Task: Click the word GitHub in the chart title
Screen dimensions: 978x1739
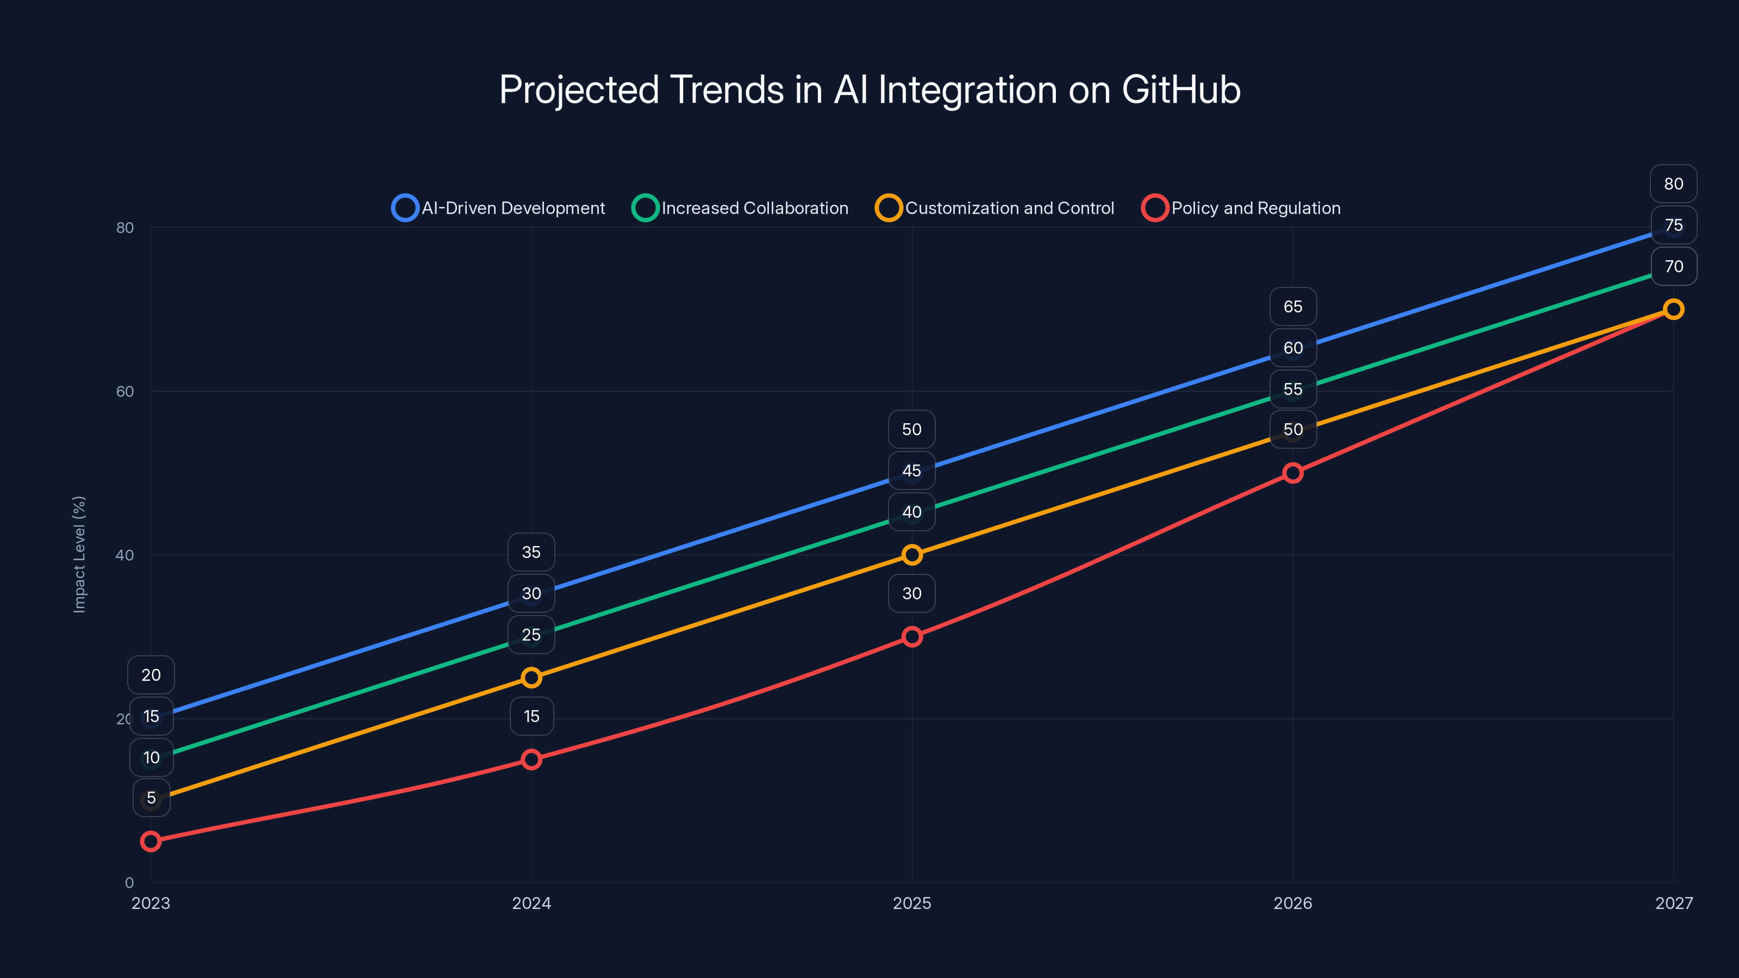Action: (1181, 90)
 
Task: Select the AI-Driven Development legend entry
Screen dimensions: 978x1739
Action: (498, 208)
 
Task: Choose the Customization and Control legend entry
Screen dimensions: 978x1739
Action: (994, 208)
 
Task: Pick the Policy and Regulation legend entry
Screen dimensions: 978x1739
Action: (1241, 208)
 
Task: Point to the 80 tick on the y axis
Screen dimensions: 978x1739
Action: (125, 228)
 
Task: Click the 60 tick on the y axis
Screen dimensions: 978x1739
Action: (125, 391)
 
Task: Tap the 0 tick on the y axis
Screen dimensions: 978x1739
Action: (129, 882)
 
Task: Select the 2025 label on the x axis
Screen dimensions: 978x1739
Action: (911, 903)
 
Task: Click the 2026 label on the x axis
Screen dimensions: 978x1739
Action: (1292, 903)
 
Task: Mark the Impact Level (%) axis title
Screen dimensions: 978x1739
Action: (79, 554)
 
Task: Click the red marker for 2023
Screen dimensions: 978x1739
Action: (151, 841)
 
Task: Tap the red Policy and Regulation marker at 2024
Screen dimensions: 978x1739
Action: (531, 760)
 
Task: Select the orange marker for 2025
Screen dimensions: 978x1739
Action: (912, 555)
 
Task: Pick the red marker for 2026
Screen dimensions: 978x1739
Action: (1293, 473)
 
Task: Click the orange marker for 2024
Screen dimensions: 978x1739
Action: (531, 678)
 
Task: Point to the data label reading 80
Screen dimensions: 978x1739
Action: (1673, 184)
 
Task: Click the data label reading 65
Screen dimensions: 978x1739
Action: (1292, 306)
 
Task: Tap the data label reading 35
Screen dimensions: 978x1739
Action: (531, 552)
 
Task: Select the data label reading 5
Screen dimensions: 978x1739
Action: (151, 798)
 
